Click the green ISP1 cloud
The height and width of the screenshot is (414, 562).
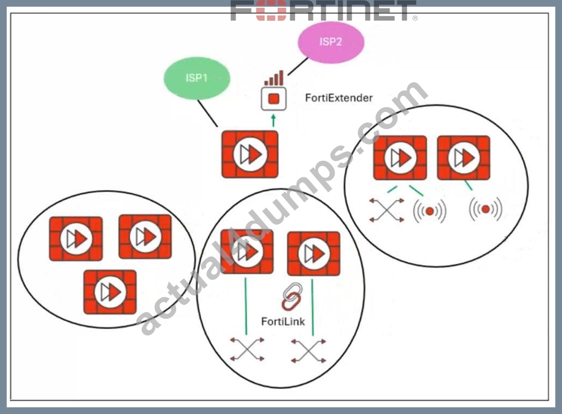click(x=197, y=78)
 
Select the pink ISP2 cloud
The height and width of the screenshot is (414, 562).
click(x=331, y=42)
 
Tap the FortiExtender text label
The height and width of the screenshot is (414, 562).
click(x=339, y=98)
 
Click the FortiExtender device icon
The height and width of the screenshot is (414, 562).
click(x=274, y=98)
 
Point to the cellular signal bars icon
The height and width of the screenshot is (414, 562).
click(x=274, y=78)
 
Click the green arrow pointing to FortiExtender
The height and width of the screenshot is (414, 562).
click(x=274, y=120)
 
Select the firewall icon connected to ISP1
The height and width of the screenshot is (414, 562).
click(x=250, y=155)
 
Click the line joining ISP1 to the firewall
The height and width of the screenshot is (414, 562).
click(x=207, y=113)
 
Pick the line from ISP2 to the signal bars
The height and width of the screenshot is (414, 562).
click(x=298, y=66)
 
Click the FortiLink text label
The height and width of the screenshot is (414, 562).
click(x=283, y=322)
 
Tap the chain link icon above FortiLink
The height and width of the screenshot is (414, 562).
click(x=292, y=297)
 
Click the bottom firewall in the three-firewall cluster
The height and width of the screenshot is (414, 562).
click(x=110, y=292)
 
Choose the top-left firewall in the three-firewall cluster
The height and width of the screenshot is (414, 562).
click(x=76, y=239)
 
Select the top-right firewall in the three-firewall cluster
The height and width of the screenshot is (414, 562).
click(x=145, y=237)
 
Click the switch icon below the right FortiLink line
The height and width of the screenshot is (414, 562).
click(x=308, y=351)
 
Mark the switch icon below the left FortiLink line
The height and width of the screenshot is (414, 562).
click(x=247, y=349)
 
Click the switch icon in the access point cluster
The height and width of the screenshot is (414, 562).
click(x=387, y=210)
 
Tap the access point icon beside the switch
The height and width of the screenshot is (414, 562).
click(x=430, y=211)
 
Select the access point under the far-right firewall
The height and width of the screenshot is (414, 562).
click(x=486, y=209)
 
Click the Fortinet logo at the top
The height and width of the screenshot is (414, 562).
click(x=324, y=11)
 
